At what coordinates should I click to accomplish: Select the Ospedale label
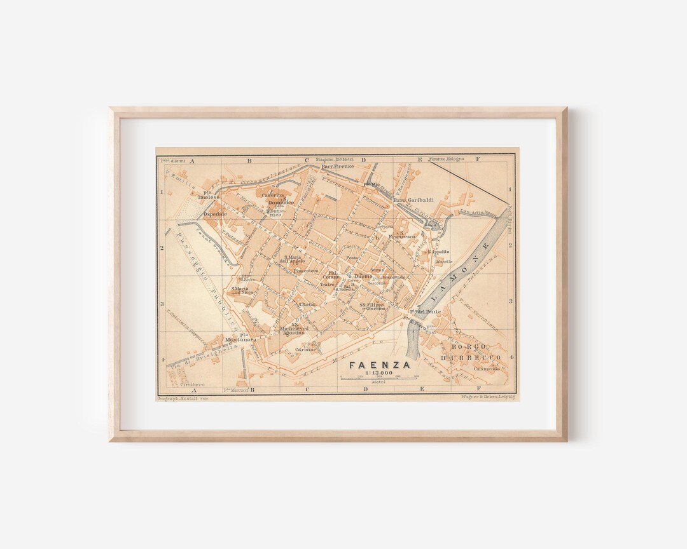point(214,214)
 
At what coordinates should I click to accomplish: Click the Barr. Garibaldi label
point(413,200)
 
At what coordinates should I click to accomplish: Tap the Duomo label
point(363,276)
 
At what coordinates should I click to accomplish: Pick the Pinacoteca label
point(305,271)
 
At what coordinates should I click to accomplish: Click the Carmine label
point(305,349)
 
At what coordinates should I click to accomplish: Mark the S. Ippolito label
point(438,252)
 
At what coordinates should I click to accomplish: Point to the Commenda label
point(487,368)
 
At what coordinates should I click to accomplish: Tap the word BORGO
point(469,347)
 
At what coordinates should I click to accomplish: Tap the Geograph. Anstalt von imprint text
point(183,398)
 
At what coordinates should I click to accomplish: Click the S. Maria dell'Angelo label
point(293,259)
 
